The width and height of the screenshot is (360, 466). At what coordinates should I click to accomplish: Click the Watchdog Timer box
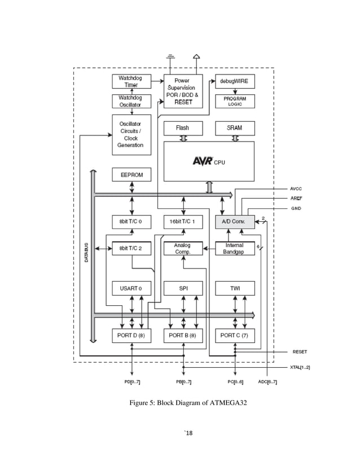point(131,82)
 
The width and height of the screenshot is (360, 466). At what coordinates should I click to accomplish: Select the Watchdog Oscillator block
point(131,101)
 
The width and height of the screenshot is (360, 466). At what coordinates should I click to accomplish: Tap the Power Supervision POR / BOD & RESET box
point(183,91)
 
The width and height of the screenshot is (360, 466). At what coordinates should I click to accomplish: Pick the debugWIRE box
point(235,81)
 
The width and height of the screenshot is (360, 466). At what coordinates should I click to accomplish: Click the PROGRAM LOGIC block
point(235,101)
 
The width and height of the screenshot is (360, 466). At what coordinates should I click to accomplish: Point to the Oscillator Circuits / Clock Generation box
point(131,134)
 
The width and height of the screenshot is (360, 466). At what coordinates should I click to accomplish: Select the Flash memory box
point(183,128)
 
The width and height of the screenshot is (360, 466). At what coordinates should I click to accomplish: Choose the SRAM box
point(235,128)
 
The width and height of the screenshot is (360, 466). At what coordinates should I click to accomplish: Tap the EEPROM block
point(131,175)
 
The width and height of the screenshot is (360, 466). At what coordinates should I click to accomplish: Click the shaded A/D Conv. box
point(235,222)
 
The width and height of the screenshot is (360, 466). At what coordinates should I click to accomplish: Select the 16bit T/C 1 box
point(183,222)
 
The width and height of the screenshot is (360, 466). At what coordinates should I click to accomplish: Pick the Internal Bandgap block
point(235,249)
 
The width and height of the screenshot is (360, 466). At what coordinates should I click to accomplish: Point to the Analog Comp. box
point(183,249)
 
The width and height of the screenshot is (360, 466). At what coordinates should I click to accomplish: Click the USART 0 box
point(131,288)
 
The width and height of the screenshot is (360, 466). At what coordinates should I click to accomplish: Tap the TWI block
point(235,288)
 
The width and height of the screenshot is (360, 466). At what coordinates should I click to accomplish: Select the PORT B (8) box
point(183,335)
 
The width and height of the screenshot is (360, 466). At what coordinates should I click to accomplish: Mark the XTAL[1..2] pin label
point(299,367)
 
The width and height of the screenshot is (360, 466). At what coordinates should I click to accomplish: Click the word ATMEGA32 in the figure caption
point(228,403)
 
